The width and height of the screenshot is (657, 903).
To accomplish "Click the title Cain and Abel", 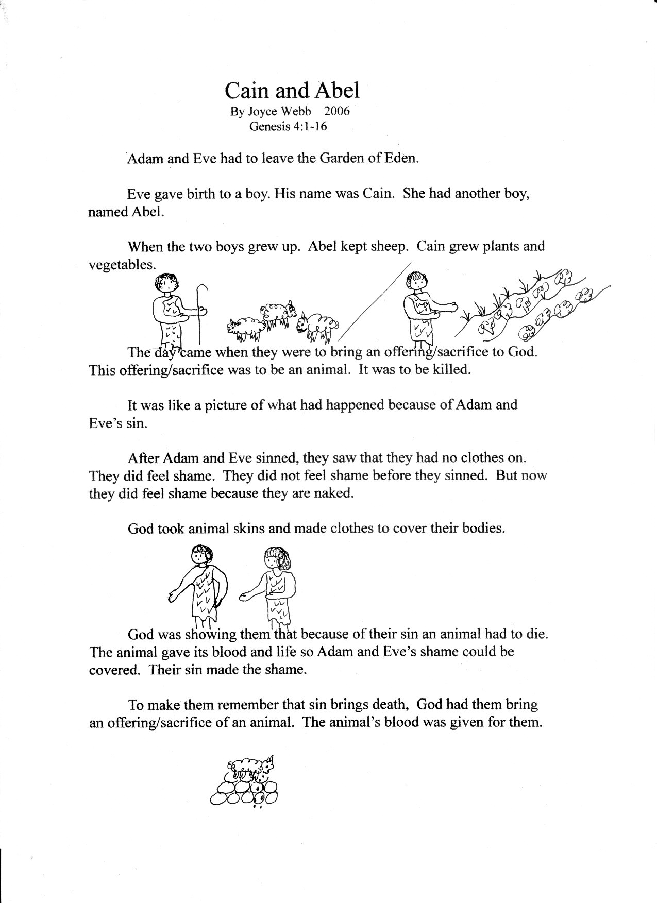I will (x=291, y=91).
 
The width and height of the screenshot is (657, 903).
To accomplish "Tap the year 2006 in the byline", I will (x=336, y=112).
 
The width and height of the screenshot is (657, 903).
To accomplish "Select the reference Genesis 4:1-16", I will (x=288, y=127).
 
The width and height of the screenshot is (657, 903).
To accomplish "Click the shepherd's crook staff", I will (x=202, y=309).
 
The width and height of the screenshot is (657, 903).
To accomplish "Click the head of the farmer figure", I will (x=415, y=281).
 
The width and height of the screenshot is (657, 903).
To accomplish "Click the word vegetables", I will (x=122, y=265).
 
